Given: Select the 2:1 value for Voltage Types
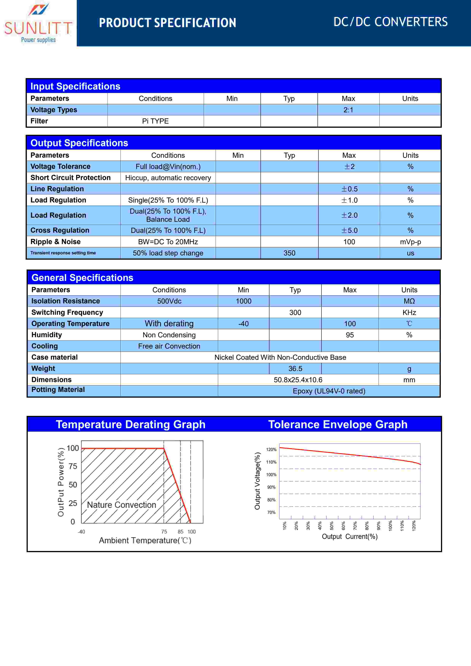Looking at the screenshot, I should pos(348,110).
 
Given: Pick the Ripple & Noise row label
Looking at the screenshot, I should pos(55,242).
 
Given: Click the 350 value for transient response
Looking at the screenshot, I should pos(289,253).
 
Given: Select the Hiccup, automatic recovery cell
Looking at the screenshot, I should pos(168,178).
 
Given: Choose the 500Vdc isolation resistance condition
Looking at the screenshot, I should pos(169,301).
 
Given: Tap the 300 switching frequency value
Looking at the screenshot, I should pos(295,312).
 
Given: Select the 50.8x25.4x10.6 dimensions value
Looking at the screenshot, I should pos(298,380).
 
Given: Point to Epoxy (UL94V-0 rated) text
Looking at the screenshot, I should pos(329,391).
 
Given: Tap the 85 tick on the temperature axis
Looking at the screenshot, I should pos(180,532).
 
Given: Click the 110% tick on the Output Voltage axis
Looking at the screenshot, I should pos(271,462).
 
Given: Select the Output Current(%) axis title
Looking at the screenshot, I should pos(349,537).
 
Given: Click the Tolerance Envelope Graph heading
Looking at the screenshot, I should pos(338,424).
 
